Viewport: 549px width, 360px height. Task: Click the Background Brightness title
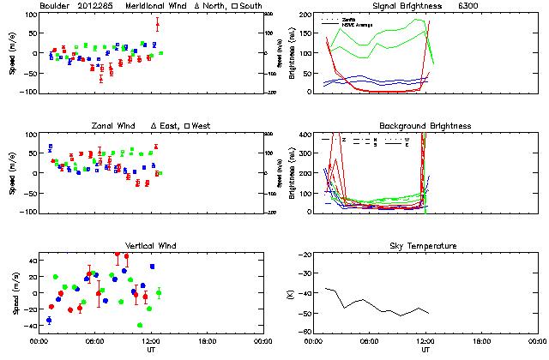click(425, 126)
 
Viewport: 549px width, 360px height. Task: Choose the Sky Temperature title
click(425, 246)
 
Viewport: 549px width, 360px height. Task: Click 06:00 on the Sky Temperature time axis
click(369, 340)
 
